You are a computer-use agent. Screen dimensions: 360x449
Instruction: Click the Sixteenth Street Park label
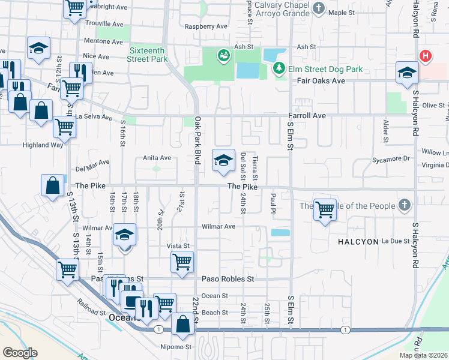[147, 55]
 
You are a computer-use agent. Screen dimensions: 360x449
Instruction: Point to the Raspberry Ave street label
[206, 26]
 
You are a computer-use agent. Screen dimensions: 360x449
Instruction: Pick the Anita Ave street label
[157, 158]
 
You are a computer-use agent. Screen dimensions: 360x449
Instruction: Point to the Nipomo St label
[175, 347]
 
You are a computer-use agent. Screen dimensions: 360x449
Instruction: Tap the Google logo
[20, 352]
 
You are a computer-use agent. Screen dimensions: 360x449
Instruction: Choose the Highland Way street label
[43, 145]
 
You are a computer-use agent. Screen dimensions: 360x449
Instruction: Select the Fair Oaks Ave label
[324, 80]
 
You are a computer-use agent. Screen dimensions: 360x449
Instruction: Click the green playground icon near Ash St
[224, 56]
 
